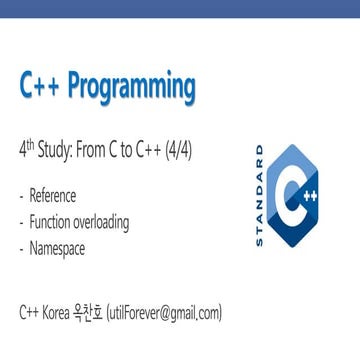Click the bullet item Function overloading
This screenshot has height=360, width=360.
click(x=79, y=221)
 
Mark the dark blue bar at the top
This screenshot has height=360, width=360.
click(x=180, y=9)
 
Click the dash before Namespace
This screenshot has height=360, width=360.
click(x=23, y=246)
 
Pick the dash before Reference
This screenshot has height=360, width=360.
click(x=23, y=196)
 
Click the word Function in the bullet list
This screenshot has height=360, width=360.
click(x=52, y=221)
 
